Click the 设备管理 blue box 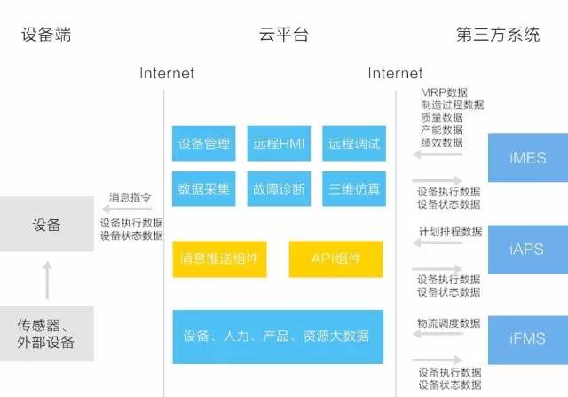tap(203, 144)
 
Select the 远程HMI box tap(279, 144)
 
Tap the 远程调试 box tap(352, 144)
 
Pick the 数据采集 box tap(203, 188)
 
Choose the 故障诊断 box tap(279, 188)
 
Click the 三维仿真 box tap(352, 188)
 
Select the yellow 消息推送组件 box tap(218, 258)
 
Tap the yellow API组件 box tap(335, 258)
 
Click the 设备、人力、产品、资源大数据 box tap(278, 337)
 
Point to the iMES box tap(527, 158)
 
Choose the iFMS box tap(527, 338)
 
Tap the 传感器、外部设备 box tap(46, 333)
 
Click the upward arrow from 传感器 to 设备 tap(47, 280)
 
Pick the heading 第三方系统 tap(498, 36)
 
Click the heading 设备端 tap(46, 36)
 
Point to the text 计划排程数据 tap(450, 232)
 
